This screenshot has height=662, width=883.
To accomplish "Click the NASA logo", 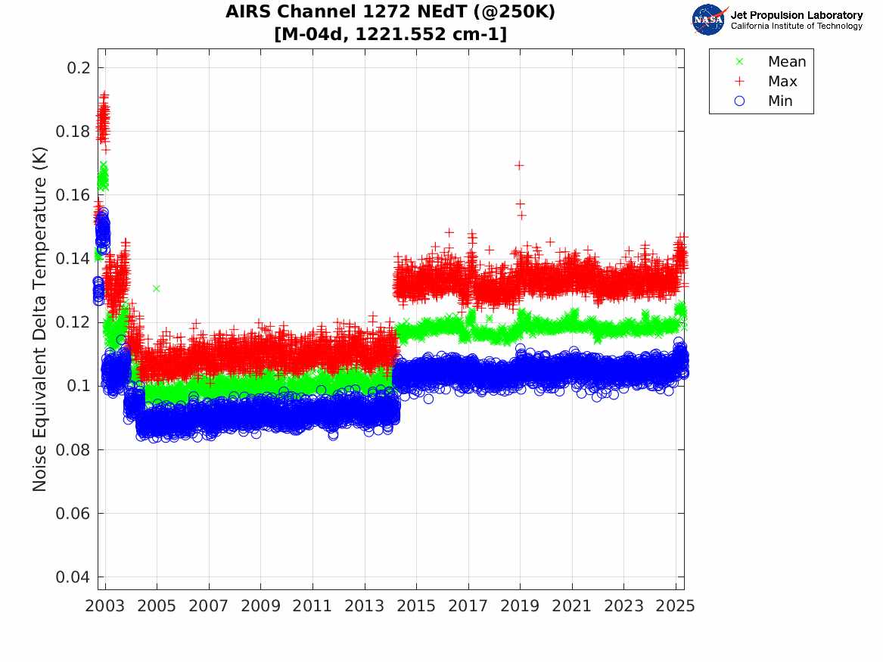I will pos(709,20).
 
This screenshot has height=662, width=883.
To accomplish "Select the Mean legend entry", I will pos(786,62).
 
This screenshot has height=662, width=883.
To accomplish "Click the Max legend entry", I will pos(782,82).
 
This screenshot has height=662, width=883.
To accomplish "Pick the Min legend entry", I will pos(780,101).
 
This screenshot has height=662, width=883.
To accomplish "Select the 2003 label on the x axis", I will pos(105,606).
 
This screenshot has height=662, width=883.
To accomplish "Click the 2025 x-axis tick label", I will pos(676,606).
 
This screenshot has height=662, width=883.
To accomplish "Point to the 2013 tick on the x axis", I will pos(365,606).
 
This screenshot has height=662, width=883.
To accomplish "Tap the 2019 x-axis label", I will pos(521,606).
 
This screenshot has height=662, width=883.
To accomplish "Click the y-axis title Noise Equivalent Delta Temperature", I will pos(40,319).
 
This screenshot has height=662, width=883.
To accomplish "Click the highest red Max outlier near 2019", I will pos(519,166).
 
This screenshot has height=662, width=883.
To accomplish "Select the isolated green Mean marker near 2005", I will pos(156,288).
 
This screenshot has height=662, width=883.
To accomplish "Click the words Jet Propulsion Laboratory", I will pos(796,15).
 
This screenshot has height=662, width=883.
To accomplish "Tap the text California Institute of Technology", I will pos(796,26).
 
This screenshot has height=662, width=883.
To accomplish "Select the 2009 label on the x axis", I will pos(261,606).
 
